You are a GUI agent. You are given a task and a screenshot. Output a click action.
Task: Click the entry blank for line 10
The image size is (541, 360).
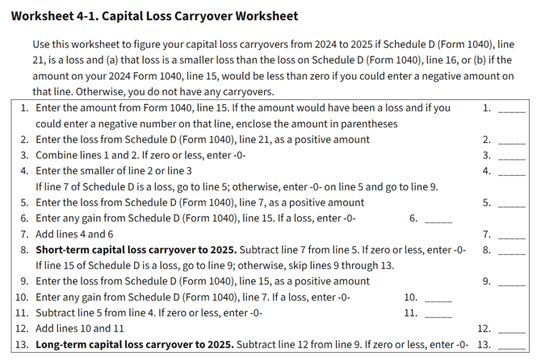click(439, 299)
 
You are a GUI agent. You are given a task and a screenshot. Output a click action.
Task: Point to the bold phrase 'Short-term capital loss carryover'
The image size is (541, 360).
click(123, 249)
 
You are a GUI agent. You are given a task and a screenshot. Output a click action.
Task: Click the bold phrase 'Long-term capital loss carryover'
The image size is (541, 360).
click(121, 345)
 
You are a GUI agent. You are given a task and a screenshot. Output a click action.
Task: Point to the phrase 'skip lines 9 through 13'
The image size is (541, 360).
click(337, 266)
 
